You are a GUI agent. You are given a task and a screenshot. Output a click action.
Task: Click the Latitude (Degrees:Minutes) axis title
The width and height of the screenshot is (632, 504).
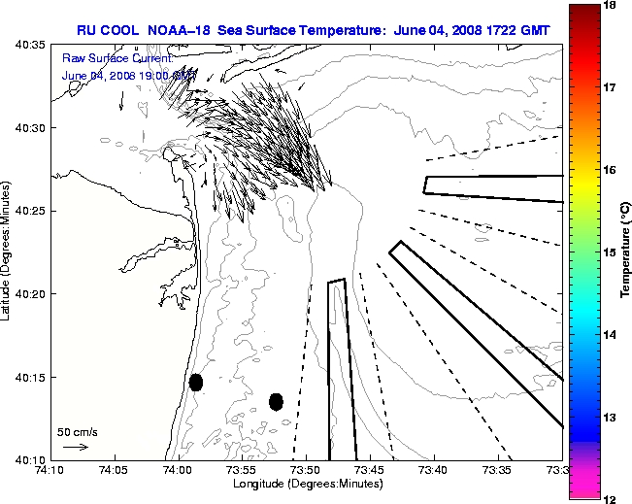[x=8, y=252]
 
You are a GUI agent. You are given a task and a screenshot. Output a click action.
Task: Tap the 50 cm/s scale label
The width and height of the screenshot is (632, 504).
[x=78, y=431]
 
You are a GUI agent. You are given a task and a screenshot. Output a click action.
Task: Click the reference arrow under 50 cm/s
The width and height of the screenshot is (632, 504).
[x=76, y=447]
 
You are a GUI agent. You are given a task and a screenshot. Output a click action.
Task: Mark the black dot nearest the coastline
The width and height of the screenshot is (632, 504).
[x=195, y=382]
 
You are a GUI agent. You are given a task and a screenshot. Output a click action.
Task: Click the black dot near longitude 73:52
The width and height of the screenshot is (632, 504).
[x=276, y=401]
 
